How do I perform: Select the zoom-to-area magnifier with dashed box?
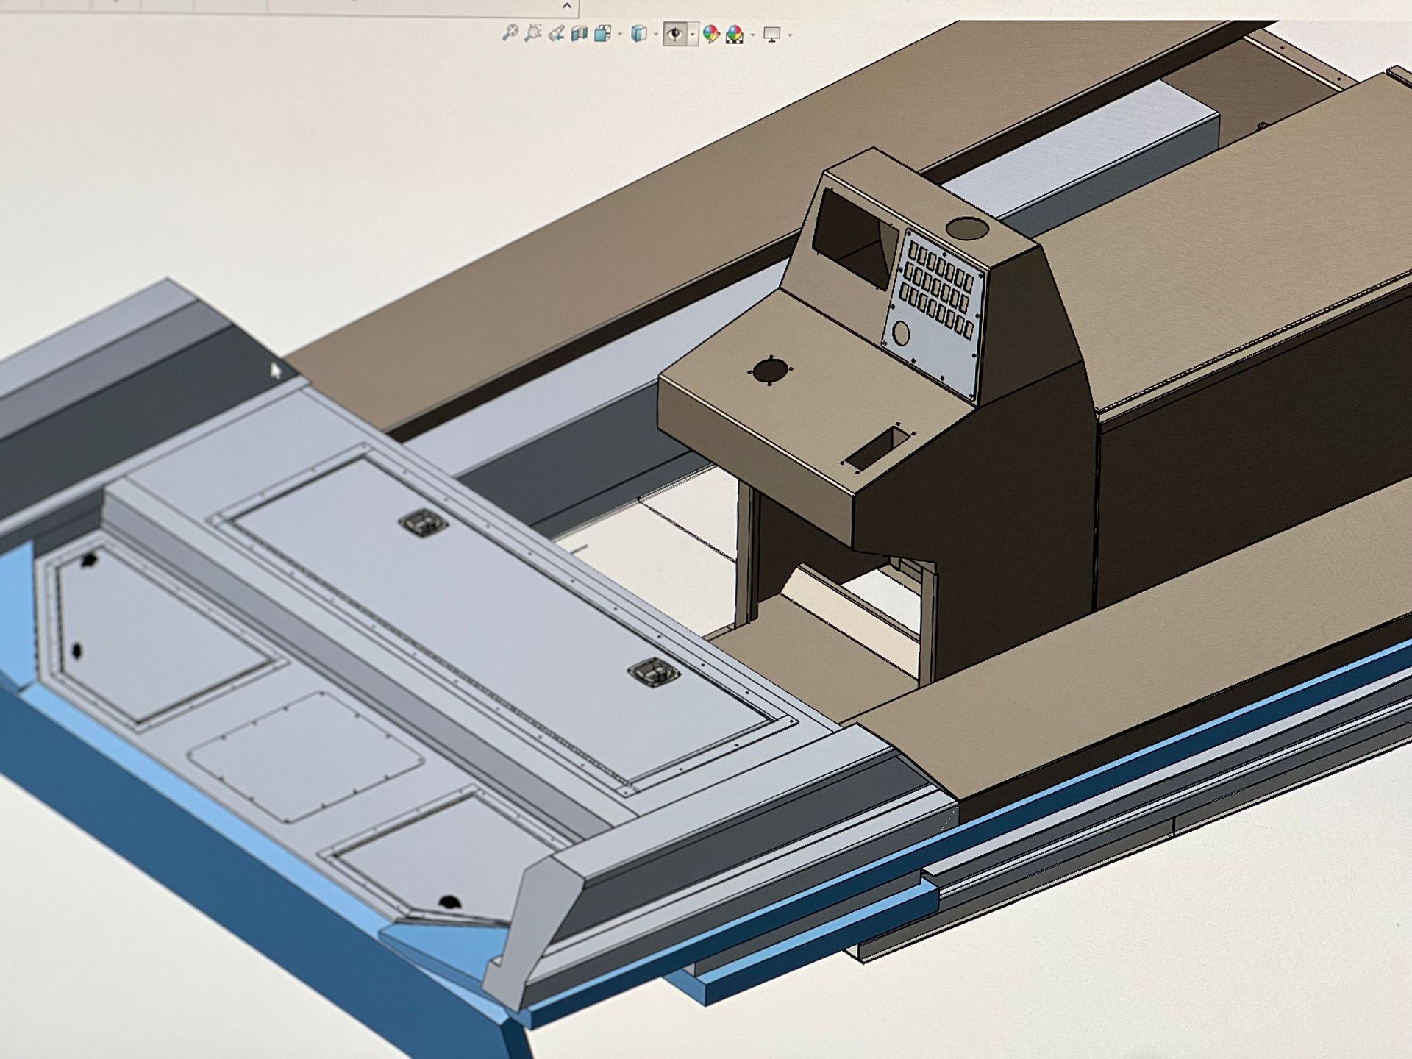[x=533, y=32]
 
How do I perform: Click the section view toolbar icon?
[x=579, y=33]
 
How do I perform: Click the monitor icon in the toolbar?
[x=771, y=34]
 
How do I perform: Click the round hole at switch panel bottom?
[x=900, y=335]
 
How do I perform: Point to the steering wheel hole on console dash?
[x=769, y=370]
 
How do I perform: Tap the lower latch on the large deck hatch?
[x=652, y=673]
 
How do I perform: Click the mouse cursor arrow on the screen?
[x=275, y=370]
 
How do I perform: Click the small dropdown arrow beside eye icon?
[x=693, y=35]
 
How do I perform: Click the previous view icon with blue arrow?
[x=556, y=33]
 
